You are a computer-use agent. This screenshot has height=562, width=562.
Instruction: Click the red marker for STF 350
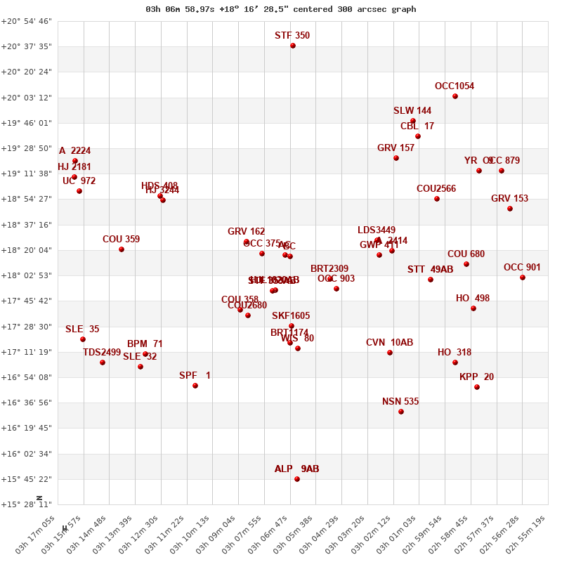(293, 46)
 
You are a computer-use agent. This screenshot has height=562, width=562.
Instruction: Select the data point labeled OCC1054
(455, 96)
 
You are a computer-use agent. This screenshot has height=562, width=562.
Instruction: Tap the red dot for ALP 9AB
(297, 479)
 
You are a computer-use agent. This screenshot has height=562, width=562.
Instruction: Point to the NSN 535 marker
(401, 412)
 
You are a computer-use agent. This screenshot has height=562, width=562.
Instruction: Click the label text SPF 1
(195, 376)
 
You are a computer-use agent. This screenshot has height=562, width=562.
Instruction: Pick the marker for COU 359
(122, 249)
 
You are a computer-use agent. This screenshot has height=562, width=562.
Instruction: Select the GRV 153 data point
(510, 209)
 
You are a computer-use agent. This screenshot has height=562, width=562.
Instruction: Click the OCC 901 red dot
(523, 277)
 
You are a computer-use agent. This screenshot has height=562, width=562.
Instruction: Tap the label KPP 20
(476, 377)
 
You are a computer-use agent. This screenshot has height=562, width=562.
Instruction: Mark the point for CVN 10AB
(390, 353)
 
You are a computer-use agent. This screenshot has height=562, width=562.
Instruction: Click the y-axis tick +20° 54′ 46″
(26, 21)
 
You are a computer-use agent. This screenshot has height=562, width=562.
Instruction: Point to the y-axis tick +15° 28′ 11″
(26, 504)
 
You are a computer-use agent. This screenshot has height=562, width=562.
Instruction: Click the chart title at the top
(281, 9)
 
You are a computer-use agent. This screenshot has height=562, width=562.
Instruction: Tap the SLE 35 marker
(83, 339)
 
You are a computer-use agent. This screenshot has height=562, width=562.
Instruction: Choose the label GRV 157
(396, 148)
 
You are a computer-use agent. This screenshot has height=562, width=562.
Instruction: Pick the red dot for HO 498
(473, 308)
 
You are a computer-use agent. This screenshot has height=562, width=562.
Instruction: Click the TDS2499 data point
(103, 362)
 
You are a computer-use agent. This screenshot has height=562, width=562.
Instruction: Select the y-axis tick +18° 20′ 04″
(26, 250)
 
